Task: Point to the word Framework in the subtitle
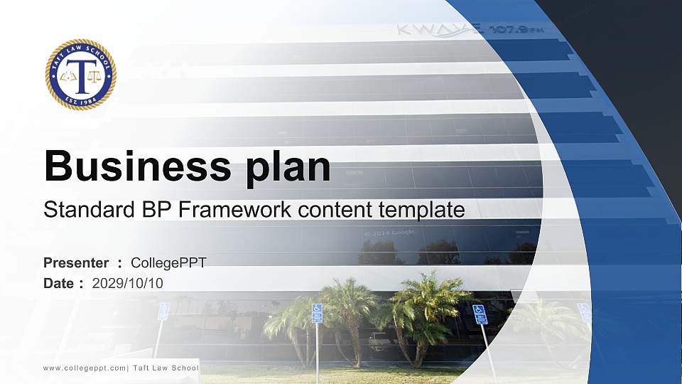pos(230,210)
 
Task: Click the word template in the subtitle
pos(422,210)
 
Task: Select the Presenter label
pos(76,263)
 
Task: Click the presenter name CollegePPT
pos(168,263)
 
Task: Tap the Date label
pos(59,283)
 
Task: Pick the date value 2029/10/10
pos(128,283)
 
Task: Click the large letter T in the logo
pos(81,75)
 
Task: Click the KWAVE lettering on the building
pos(440,30)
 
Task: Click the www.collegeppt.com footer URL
pos(85,368)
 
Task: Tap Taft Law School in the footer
pos(166,368)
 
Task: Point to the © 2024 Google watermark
pos(389,233)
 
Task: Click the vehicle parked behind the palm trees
pos(382,343)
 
